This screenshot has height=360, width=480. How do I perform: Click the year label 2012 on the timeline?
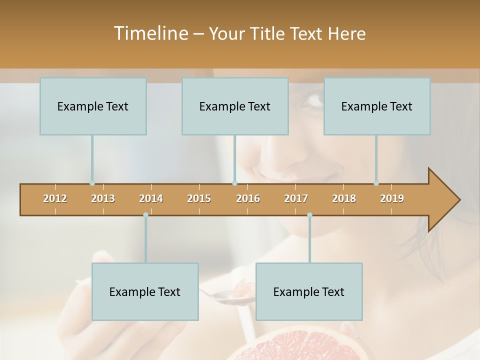click(x=55, y=198)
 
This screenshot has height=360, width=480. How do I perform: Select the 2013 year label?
click(x=103, y=198)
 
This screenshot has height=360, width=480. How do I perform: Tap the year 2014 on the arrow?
click(x=151, y=198)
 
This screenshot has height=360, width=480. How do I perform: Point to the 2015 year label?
click(x=199, y=198)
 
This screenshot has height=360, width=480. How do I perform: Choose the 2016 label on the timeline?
click(x=248, y=198)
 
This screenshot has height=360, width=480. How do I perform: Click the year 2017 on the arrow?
click(x=296, y=198)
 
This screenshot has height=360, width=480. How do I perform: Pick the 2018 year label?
click(x=344, y=198)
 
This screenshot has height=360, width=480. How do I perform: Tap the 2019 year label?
click(x=392, y=198)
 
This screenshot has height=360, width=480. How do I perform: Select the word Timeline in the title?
click(x=150, y=33)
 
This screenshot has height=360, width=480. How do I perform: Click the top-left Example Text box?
click(x=93, y=106)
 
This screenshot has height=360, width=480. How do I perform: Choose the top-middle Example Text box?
click(x=235, y=106)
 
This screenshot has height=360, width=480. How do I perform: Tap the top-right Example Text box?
click(x=377, y=106)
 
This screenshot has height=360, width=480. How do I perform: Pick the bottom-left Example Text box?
click(x=145, y=291)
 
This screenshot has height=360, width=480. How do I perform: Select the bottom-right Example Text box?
click(x=309, y=291)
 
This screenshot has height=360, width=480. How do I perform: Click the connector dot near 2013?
click(x=92, y=183)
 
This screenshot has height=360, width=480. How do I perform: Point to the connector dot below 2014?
click(x=145, y=215)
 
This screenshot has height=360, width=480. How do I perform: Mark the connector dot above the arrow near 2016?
click(x=234, y=183)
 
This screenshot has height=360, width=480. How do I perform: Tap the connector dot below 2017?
click(x=309, y=215)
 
